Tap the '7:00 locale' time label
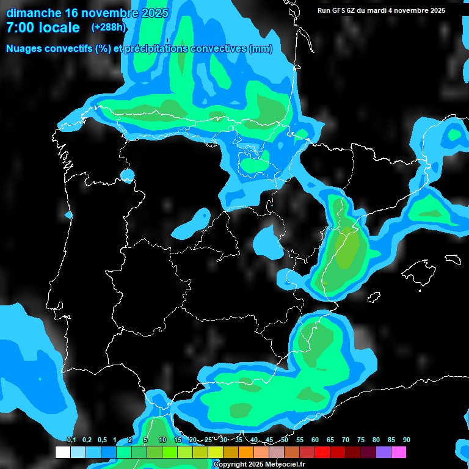tap(43, 27)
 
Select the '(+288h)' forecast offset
tap(108, 27)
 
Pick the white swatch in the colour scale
tap(62, 453)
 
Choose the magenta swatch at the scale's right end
tap(399, 453)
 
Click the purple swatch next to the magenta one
tap(384, 453)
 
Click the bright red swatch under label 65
tap(322, 453)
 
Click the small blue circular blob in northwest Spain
tap(127, 176)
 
